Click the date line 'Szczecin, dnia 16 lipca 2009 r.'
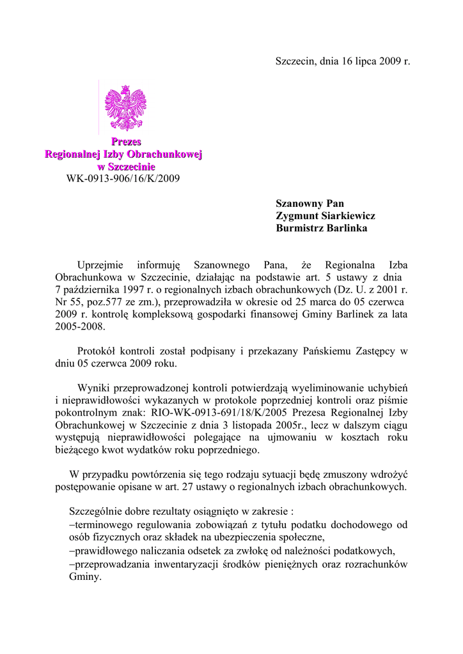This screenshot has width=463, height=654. click(342, 62)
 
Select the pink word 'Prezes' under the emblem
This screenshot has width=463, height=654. click(126, 142)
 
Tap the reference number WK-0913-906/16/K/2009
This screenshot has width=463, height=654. click(123, 178)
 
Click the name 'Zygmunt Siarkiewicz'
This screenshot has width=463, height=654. click(326, 216)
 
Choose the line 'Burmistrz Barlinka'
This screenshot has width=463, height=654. click(322, 228)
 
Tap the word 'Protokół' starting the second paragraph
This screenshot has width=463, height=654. click(97, 351)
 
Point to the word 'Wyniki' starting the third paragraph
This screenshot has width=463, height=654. click(91, 388)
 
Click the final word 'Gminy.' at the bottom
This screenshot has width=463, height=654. click(84, 576)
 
